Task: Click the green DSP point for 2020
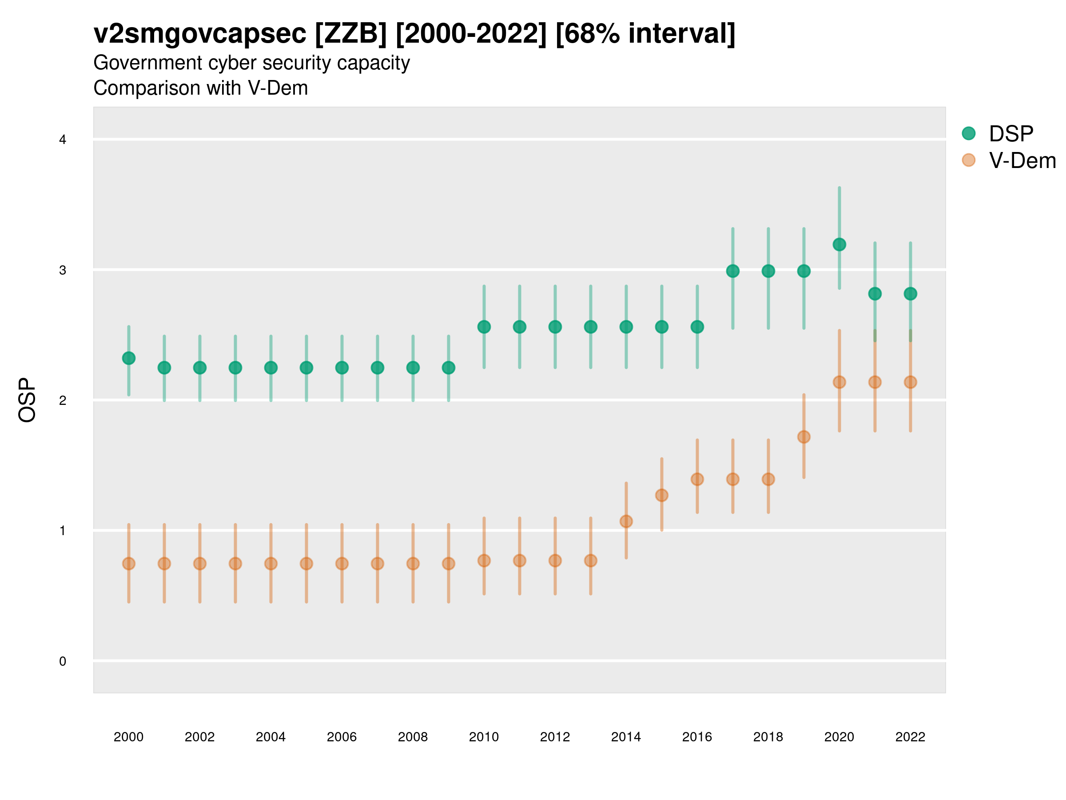839,244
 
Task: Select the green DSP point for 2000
129,358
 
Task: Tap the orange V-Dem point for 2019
804,437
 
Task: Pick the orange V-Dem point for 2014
626,521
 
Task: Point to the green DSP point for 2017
732,271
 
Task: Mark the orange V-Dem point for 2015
662,495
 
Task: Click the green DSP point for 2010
484,327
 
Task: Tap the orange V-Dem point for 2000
129,564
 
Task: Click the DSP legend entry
1010,134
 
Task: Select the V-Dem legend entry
1022,160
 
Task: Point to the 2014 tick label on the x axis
626,737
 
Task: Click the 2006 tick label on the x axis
342,737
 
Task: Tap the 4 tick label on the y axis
63,140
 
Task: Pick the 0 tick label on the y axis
63,661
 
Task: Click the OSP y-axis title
27,400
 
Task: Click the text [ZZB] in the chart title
350,34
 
